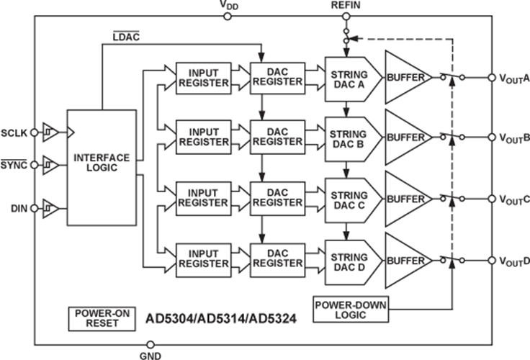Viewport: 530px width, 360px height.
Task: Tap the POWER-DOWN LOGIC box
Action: click(x=350, y=310)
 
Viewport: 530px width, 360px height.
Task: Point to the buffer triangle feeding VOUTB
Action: click(x=408, y=135)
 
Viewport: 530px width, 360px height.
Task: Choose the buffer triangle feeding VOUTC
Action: click(x=408, y=196)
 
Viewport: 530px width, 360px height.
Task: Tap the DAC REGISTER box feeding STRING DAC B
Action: click(x=277, y=136)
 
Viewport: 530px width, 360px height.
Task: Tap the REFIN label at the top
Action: click(x=344, y=6)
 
